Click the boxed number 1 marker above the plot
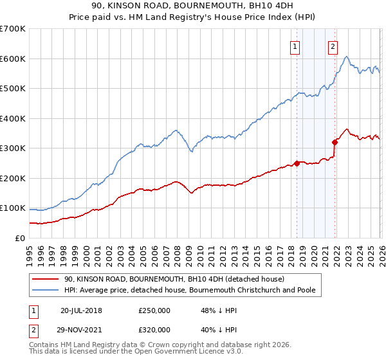pyautogui.click(x=295, y=46)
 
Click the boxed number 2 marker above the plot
pyautogui.click(x=333, y=46)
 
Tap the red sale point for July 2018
pyautogui.click(x=297, y=163)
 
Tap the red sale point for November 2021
pyautogui.click(x=335, y=142)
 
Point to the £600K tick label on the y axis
pyautogui.click(x=12, y=59)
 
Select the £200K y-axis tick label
pyautogui.click(x=12, y=178)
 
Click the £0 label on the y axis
pyautogui.click(x=20, y=238)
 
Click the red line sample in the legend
pyautogui.click(x=45, y=280)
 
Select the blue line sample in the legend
pyautogui.click(x=45, y=291)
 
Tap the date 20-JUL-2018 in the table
pyautogui.click(x=81, y=310)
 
